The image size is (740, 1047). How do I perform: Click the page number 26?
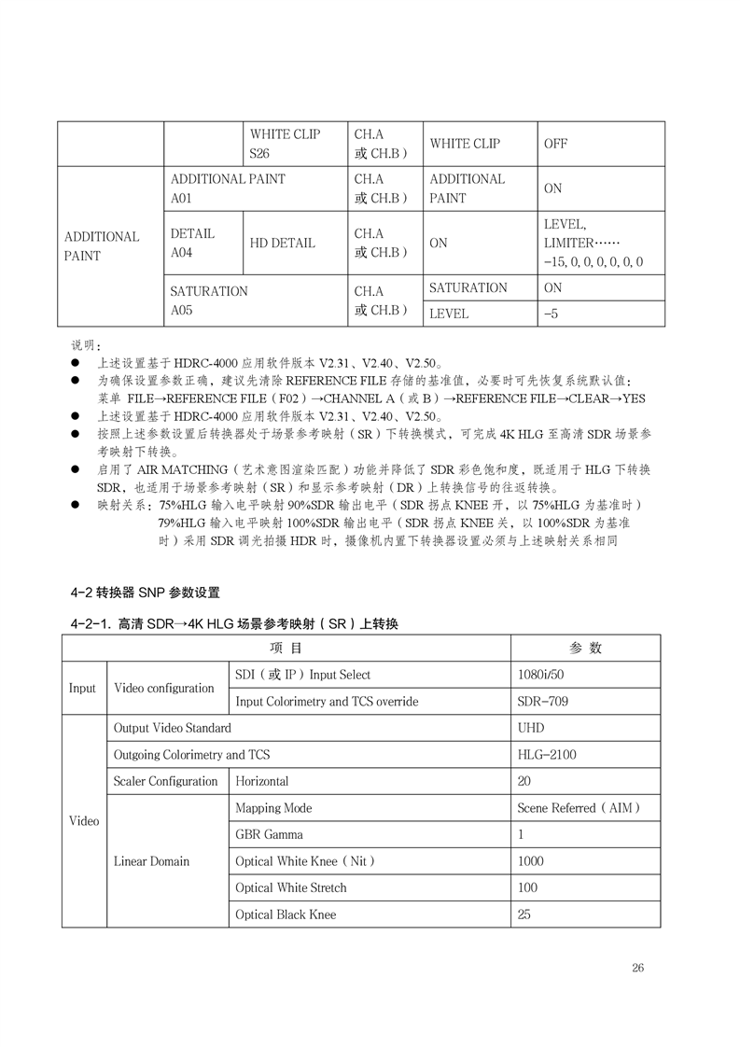click(x=637, y=968)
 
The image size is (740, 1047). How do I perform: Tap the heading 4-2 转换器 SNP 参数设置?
click(x=145, y=593)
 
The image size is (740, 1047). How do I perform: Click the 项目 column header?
click(x=286, y=649)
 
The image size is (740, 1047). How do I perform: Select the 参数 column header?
click(x=585, y=649)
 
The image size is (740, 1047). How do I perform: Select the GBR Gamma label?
click(x=269, y=834)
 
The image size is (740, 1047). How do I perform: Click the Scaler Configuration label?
click(x=165, y=781)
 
